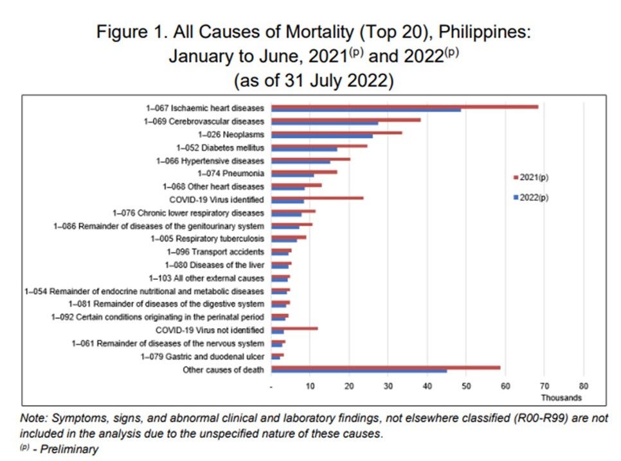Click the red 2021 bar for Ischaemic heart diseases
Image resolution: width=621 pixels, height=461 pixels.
point(405,107)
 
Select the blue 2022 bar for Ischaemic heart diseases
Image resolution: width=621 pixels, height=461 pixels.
point(366,110)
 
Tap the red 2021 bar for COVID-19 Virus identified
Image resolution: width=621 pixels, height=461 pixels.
point(318,198)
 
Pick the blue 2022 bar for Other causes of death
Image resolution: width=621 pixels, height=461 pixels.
point(359,370)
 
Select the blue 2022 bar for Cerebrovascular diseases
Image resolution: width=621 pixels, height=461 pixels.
point(325,123)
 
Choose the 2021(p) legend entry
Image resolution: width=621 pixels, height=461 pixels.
point(531,176)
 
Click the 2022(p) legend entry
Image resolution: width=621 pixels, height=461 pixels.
point(531,197)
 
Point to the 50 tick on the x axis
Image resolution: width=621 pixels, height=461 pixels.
point(466,387)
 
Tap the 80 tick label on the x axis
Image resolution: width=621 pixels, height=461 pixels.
point(583,387)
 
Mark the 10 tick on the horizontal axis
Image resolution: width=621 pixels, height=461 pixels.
point(310,387)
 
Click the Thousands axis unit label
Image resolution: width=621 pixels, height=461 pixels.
point(564,398)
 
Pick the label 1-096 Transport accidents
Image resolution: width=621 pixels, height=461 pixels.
point(215,252)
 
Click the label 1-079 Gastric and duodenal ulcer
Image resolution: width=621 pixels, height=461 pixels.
point(203,356)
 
